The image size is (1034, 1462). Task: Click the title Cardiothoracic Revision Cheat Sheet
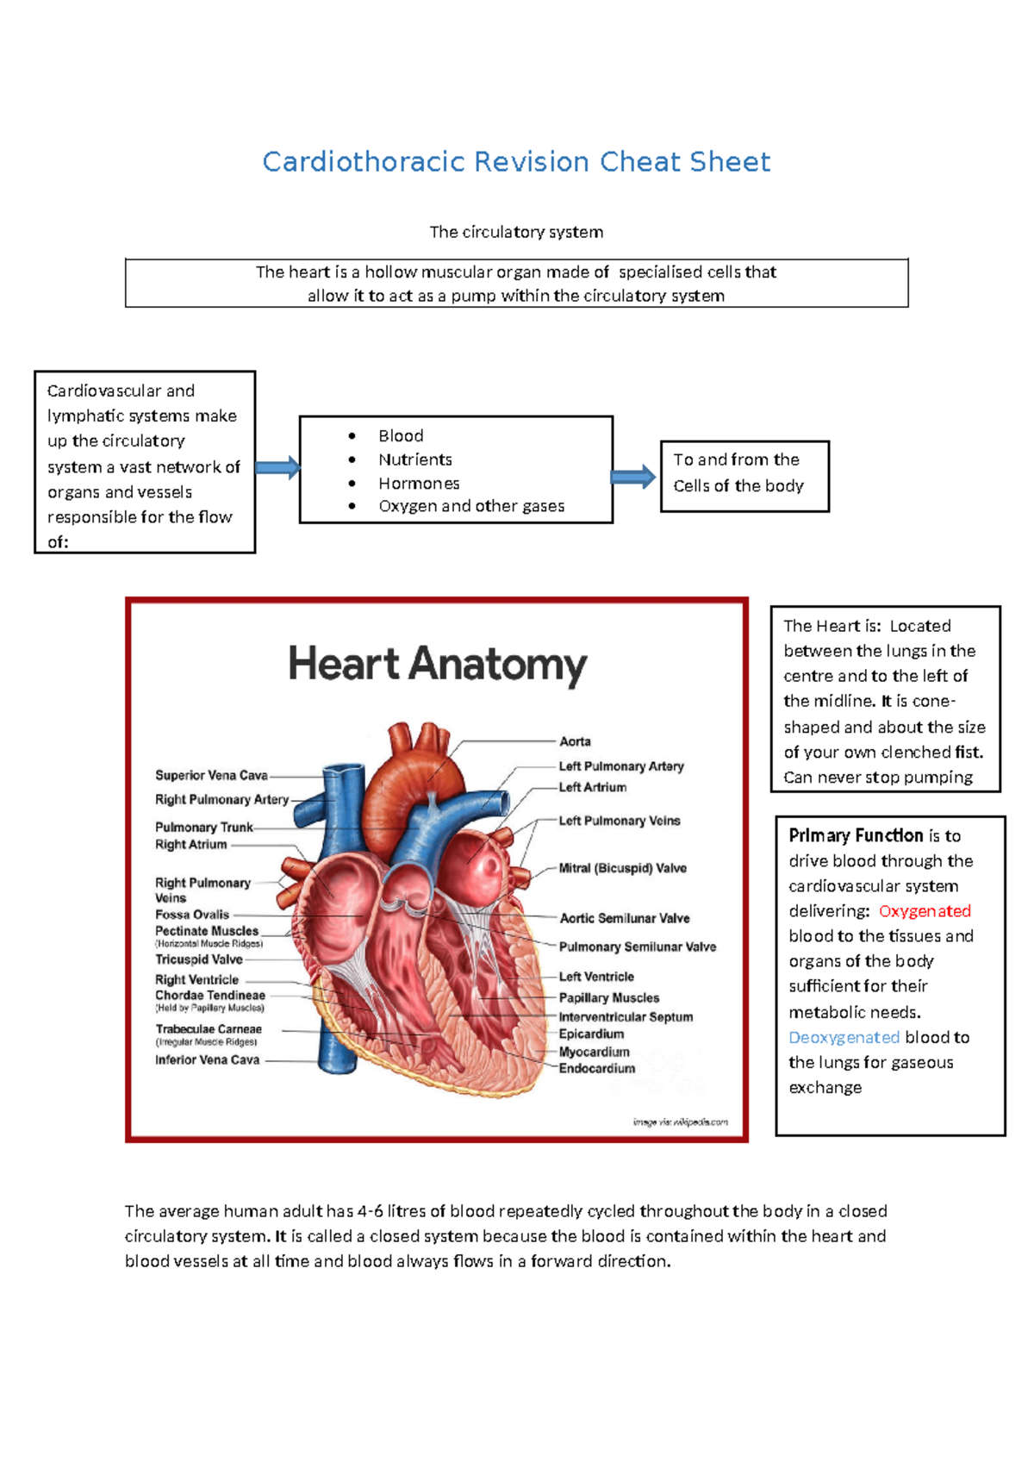tap(516, 162)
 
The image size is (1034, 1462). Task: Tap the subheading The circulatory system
tap(516, 232)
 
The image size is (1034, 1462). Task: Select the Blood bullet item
tap(401, 436)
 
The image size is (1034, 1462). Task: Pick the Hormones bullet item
tap(419, 484)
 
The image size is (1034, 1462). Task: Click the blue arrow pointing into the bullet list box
tap(277, 469)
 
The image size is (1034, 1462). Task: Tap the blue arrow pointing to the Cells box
tap(633, 477)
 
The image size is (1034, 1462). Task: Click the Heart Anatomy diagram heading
tap(437, 665)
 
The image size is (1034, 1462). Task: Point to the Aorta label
tap(575, 741)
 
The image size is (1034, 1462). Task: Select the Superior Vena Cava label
tap(211, 776)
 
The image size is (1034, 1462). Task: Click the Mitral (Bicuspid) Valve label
tap(622, 868)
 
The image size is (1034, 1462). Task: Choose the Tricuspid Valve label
tap(199, 959)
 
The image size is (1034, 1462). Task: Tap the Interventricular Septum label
tap(626, 1017)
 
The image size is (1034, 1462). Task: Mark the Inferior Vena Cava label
tap(207, 1060)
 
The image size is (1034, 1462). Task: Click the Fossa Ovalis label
tap(192, 915)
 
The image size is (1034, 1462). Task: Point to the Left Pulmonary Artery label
tap(621, 766)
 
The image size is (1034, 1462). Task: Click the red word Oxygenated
tap(925, 911)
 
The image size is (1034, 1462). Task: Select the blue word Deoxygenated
tap(844, 1037)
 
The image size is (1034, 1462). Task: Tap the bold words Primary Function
tap(856, 835)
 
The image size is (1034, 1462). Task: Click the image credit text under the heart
tap(680, 1121)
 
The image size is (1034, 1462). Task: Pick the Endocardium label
tap(596, 1069)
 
